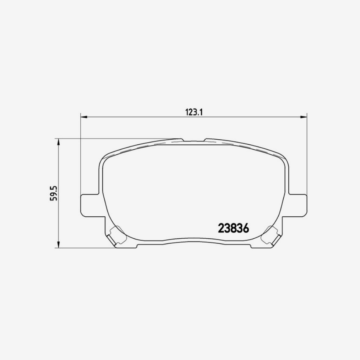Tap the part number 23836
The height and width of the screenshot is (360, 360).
[233, 229]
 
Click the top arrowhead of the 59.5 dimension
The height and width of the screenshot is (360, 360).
[59, 141]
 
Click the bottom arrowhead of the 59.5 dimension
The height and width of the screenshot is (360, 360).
[59, 245]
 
